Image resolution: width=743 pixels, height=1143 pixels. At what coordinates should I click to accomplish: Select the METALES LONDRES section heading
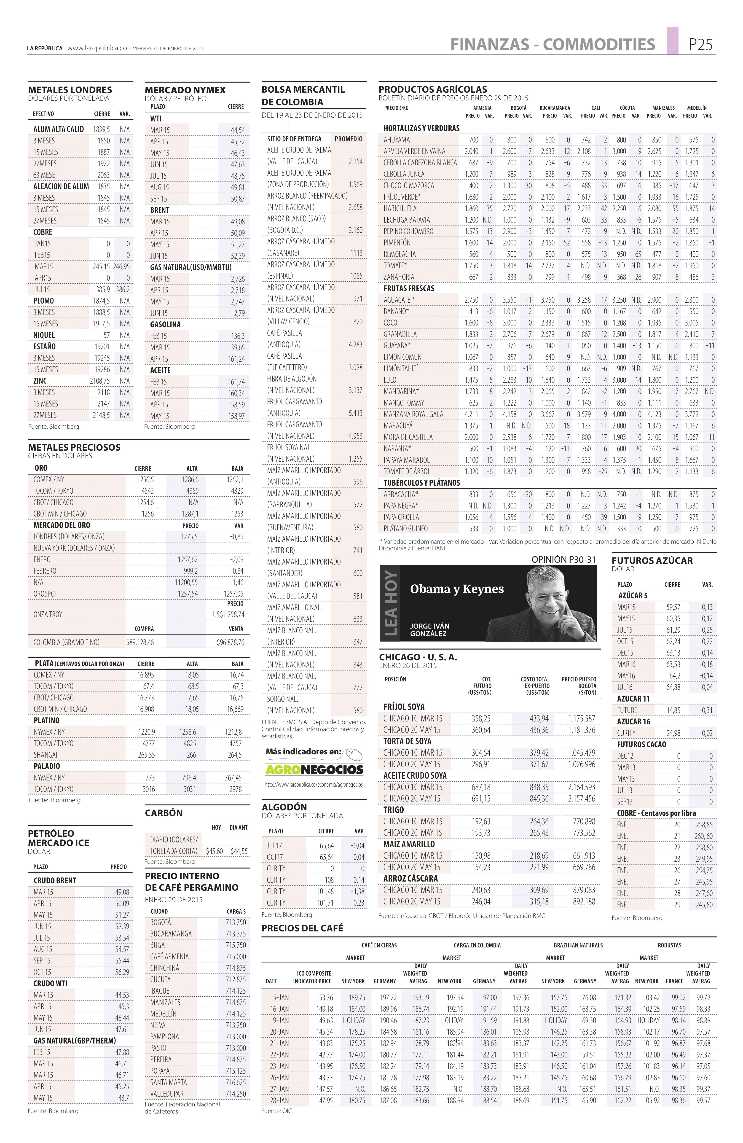tap(70, 90)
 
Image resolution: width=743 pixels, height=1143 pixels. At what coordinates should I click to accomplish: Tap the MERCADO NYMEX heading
tap(185, 90)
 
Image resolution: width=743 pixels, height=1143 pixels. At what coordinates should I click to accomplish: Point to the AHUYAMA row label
tap(397, 140)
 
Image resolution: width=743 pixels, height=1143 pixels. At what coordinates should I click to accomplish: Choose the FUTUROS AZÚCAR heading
tap(652, 560)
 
